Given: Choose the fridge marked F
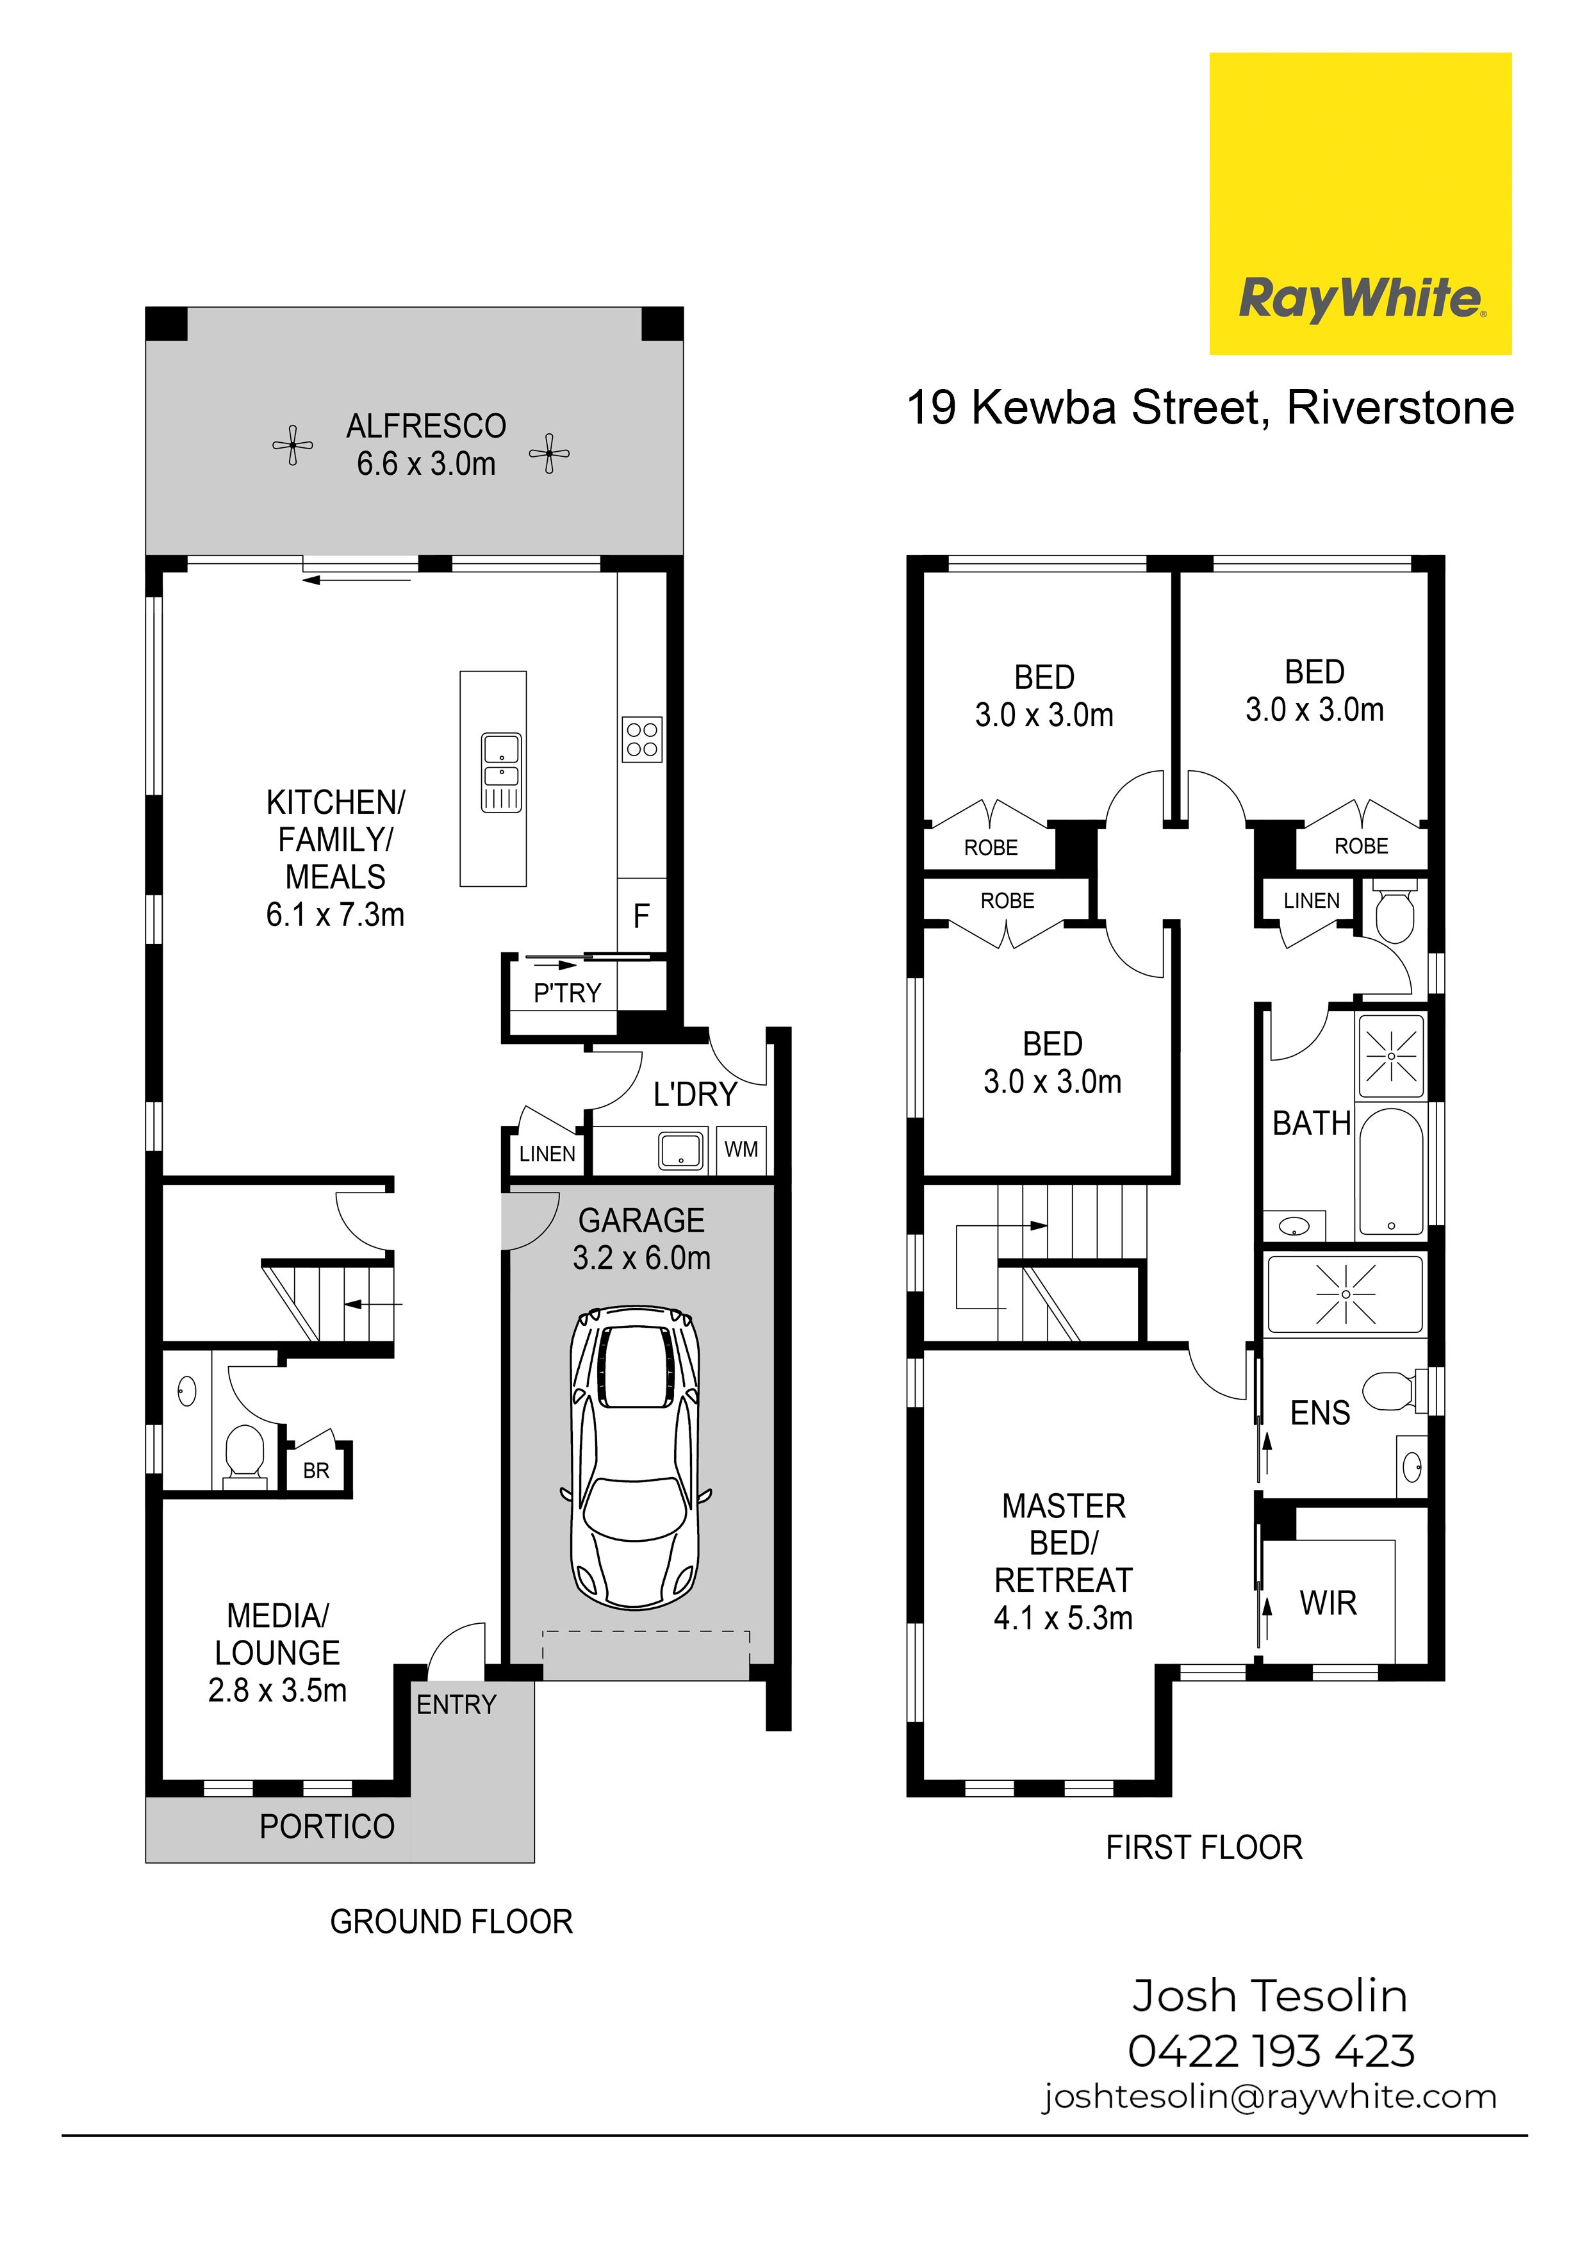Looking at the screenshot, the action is pyautogui.click(x=641, y=916).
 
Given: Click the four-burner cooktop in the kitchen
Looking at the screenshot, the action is pyautogui.click(x=642, y=740).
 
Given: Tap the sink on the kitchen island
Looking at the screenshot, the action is pyautogui.click(x=501, y=772).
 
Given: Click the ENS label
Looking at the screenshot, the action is pyautogui.click(x=1320, y=1413).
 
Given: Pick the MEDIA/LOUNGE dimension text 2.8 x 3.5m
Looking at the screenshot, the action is pyautogui.click(x=277, y=1691).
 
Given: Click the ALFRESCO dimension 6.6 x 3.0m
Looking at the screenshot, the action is pyautogui.click(x=426, y=463).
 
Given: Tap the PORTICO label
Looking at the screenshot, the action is pyautogui.click(x=327, y=1827).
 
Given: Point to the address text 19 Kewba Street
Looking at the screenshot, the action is pyautogui.click(x=1087, y=408).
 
